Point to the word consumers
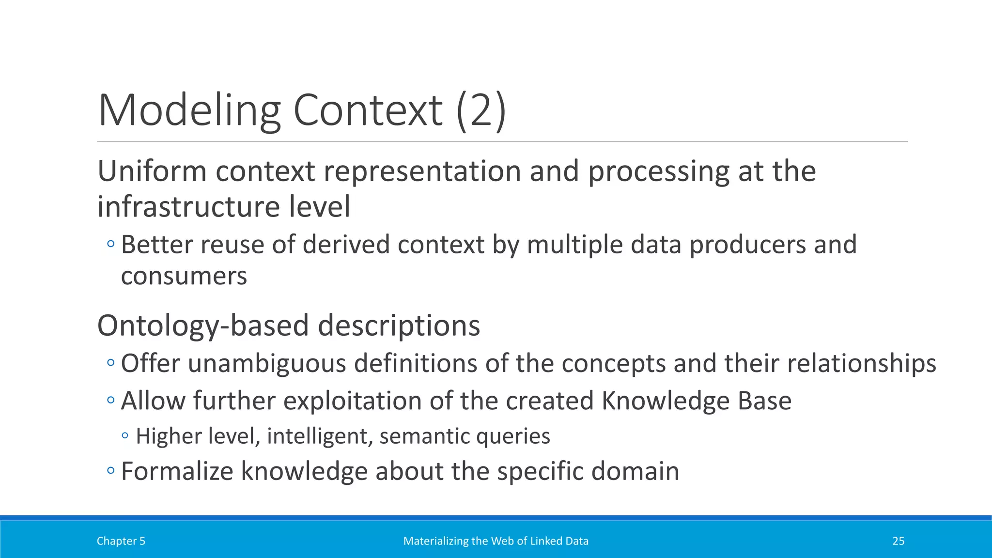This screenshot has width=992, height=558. tap(184, 276)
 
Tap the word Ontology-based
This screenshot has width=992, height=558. tap(203, 325)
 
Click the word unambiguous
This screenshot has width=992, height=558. tap(267, 363)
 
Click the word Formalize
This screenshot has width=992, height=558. tap(177, 471)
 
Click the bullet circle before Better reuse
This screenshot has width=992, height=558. tap(111, 244)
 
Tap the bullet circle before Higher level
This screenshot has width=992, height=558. tap(125, 435)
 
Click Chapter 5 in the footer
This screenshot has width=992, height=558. tap(121, 541)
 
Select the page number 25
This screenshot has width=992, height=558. tap(898, 541)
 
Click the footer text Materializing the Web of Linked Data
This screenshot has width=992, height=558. tap(496, 541)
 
